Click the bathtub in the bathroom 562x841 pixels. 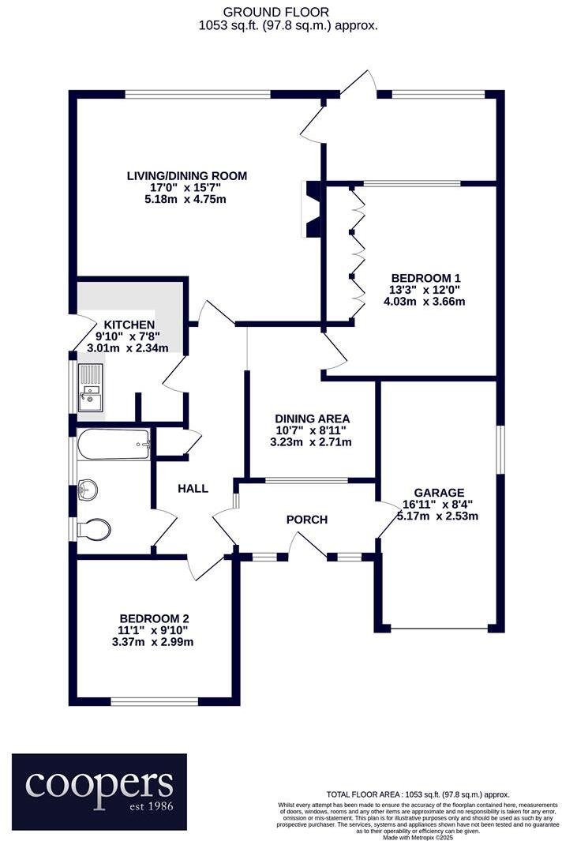coord(114,445)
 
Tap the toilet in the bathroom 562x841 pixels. coord(92,528)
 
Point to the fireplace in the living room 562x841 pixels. coord(310,209)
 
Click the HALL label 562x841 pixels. coord(193,489)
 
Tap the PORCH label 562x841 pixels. coord(306,520)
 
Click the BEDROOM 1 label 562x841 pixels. coord(426,278)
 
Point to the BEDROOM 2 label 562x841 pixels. coord(154,618)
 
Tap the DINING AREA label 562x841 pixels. coord(312,419)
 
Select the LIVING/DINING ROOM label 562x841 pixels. coord(188,175)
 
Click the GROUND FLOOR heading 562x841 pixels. coord(276,12)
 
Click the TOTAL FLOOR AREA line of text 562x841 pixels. coord(418,794)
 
